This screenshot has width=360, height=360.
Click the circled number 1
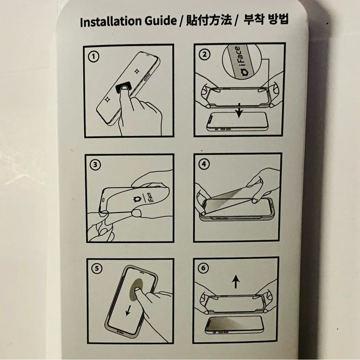(x=94, y=57)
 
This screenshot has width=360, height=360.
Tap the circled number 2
(x=204, y=55)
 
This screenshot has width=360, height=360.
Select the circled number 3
(x=95, y=165)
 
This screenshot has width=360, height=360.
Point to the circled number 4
(x=204, y=164)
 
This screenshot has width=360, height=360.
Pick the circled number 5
(x=96, y=269)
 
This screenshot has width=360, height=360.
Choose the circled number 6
(x=203, y=268)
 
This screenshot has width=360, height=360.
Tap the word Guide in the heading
(x=161, y=21)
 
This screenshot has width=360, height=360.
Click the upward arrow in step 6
(x=235, y=282)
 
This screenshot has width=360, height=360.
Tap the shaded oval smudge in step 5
(x=136, y=289)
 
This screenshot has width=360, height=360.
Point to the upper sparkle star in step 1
(x=136, y=71)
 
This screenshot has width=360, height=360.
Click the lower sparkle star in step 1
(x=107, y=100)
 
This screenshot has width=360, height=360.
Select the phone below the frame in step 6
(x=234, y=325)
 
